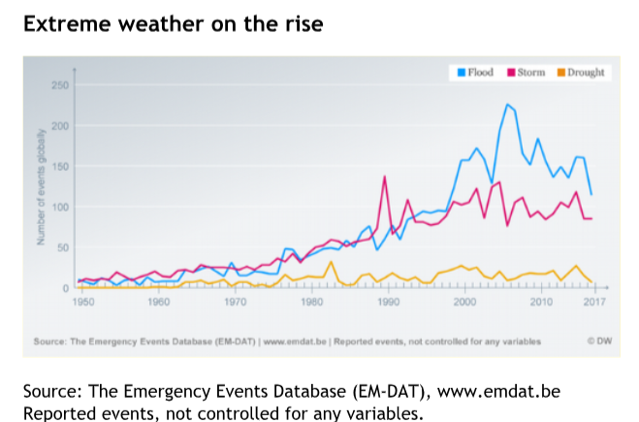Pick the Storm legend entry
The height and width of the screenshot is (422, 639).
click(x=527, y=73)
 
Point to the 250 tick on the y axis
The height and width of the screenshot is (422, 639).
click(x=60, y=86)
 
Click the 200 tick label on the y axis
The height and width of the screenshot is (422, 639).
click(x=60, y=126)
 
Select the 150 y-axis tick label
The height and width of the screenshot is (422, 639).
click(x=60, y=167)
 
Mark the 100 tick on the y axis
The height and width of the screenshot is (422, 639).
click(x=60, y=208)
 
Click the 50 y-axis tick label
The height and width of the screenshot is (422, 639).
click(x=62, y=248)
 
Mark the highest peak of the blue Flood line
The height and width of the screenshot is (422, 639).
click(x=507, y=104)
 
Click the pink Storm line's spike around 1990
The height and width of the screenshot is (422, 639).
click(x=385, y=177)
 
